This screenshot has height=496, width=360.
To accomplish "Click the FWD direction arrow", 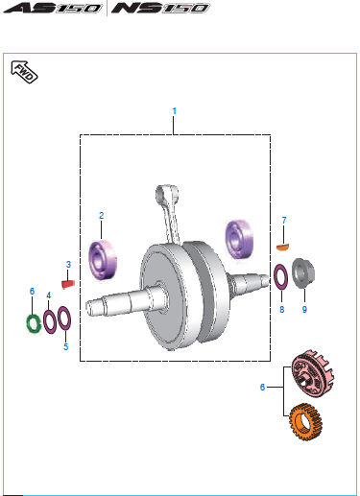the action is [x=24, y=72].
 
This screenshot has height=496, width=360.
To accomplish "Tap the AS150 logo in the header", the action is [x=53, y=8].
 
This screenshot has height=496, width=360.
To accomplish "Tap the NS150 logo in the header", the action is [x=160, y=8].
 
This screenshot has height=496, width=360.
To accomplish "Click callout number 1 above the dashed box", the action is [x=174, y=111].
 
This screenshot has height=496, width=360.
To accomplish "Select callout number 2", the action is [x=101, y=215].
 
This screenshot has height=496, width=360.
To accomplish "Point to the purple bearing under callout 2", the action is [x=103, y=260].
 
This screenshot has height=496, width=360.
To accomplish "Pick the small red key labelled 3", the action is [x=68, y=284].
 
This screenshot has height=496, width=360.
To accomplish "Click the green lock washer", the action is [x=33, y=323].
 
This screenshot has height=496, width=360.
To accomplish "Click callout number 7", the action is [x=284, y=221].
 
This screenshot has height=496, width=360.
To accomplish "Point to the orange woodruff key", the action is [x=282, y=248].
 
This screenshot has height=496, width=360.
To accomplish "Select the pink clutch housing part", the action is [x=312, y=373].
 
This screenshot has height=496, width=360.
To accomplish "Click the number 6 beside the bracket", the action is [x=262, y=388].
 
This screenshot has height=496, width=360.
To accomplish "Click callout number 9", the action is [x=304, y=309].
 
